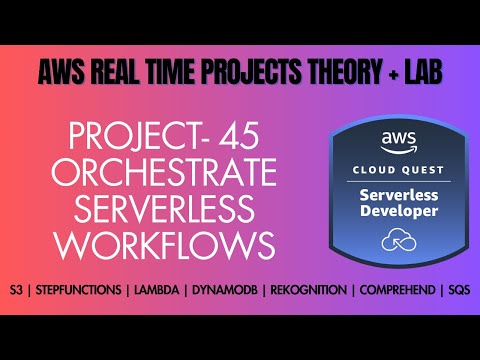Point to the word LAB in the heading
tap(418, 73)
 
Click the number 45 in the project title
tap(241, 137)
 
